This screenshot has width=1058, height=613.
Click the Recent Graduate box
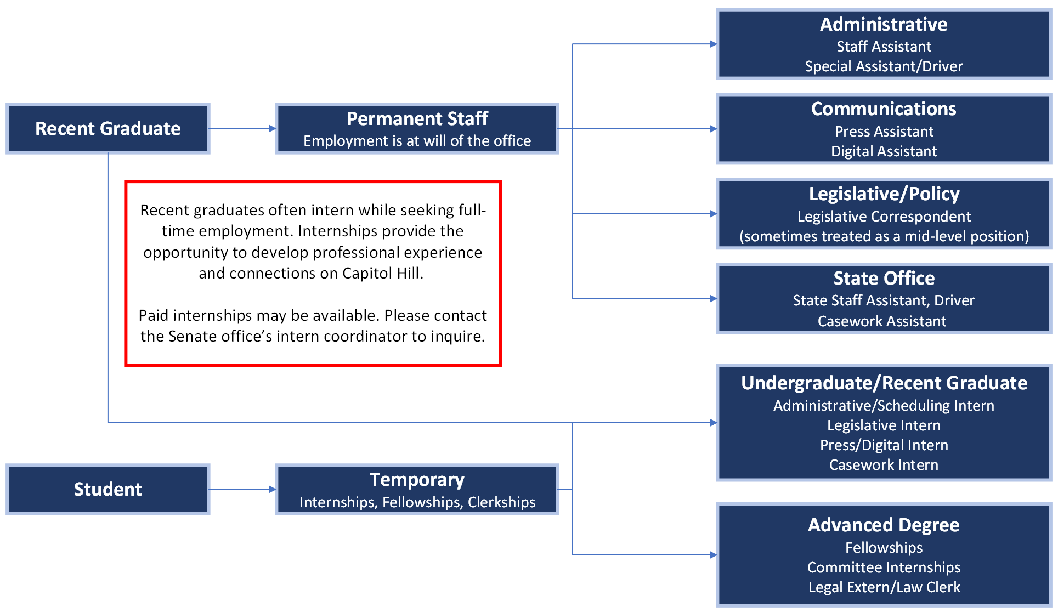click(108, 129)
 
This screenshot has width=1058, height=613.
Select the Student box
click(108, 489)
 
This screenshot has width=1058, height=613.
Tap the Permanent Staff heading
click(417, 118)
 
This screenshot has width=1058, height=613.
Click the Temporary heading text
click(417, 480)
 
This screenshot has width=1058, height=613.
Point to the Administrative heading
click(884, 25)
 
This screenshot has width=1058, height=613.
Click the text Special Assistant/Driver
click(884, 66)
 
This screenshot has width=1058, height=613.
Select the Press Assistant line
click(884, 132)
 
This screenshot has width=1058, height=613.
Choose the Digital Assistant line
click(884, 151)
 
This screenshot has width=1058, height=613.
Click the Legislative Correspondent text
click(884, 217)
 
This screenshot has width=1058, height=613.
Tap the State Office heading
click(884, 279)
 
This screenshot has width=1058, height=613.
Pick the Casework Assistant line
click(882, 321)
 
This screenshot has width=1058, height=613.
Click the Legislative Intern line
click(884, 425)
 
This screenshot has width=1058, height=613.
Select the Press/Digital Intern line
click(884, 445)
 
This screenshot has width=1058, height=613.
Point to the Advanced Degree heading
click(884, 525)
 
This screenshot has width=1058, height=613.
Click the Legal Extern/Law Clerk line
click(884, 587)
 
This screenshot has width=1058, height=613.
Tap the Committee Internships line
click(884, 567)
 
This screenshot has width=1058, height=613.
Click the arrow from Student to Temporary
click(241, 489)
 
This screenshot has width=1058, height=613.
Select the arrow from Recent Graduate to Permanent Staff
click(241, 129)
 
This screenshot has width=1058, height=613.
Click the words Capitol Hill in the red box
click(382, 273)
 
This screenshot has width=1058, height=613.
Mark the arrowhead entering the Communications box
click(713, 129)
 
